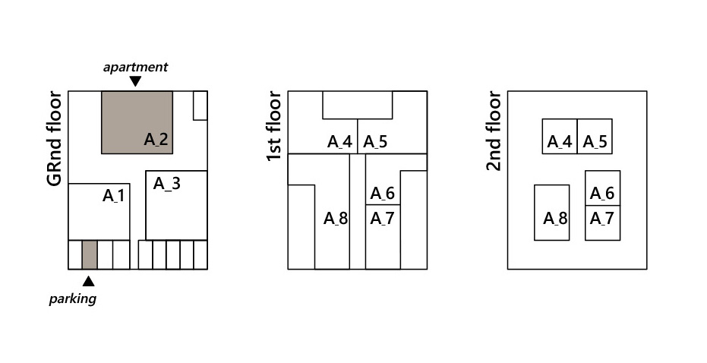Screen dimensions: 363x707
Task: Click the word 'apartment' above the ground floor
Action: [135, 68]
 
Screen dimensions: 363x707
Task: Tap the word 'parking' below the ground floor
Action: [73, 298]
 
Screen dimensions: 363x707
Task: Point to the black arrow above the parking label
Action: [88, 280]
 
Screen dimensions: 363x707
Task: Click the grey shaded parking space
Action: [89, 254]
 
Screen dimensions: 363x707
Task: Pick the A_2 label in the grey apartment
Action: [156, 139]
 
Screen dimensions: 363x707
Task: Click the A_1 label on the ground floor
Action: [114, 196]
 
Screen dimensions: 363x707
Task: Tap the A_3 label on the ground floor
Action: [167, 183]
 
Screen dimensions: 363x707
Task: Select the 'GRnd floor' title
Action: [54, 138]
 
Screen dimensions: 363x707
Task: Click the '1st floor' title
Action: [274, 126]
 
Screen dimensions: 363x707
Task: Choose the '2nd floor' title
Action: [494, 131]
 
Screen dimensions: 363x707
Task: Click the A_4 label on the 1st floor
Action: [339, 141]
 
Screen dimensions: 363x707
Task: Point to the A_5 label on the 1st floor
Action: [375, 141]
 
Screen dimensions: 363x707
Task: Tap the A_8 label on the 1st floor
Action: [336, 219]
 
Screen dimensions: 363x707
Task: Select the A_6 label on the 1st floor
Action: [383, 194]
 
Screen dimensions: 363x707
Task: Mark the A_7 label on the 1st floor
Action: [382, 219]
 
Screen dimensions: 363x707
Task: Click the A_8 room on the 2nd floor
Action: [552, 213]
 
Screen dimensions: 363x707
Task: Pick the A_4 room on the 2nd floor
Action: [560, 136]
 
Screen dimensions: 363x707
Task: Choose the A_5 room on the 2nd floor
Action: [595, 136]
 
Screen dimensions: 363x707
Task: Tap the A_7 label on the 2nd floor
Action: [602, 219]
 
